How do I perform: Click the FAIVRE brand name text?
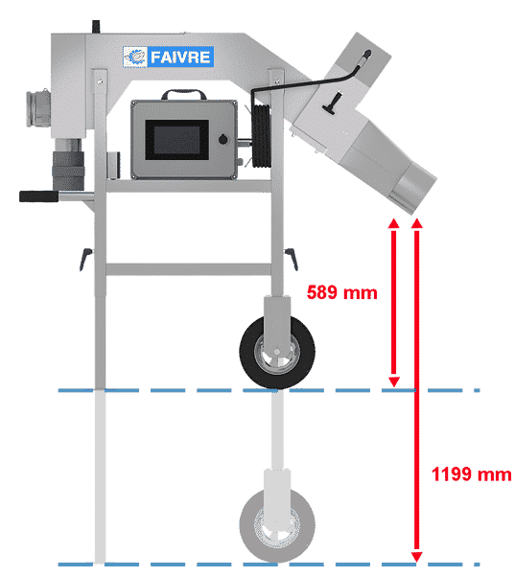tap(180, 58)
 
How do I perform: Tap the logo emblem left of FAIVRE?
tap(135, 57)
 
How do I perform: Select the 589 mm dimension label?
tap(342, 292)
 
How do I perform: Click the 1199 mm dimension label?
tap(471, 473)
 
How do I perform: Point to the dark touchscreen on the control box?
tap(177, 140)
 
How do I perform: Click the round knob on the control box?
tap(223, 140)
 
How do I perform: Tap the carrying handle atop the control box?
tap(184, 94)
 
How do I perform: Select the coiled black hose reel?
tap(262, 136)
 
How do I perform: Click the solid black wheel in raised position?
tap(277, 352)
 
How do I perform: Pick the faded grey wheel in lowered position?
tap(277, 526)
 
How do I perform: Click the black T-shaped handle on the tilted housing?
tap(333, 104)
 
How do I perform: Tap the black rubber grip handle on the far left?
tap(38, 196)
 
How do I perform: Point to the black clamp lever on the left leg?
tap(85, 259)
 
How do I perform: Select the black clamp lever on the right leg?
tap(292, 259)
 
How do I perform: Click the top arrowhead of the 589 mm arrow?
tap(394, 223)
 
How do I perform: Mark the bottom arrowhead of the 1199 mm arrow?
tap(417, 557)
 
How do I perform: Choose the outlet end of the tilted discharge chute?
tap(413, 191)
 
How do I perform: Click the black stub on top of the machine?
tap(96, 27)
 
